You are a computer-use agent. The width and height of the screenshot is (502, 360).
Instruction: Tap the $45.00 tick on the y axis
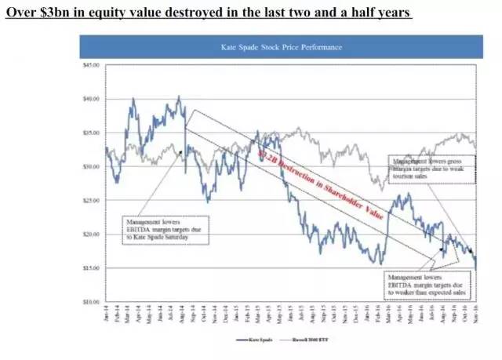click(91, 65)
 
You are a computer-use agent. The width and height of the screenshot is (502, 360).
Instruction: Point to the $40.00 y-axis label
click(91, 99)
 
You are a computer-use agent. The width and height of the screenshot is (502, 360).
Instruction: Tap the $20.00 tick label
click(91, 234)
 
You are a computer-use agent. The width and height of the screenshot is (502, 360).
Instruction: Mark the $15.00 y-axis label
click(91, 267)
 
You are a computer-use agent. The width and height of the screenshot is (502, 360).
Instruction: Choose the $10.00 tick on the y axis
click(91, 301)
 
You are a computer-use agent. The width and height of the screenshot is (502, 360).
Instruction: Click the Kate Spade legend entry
click(253, 339)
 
